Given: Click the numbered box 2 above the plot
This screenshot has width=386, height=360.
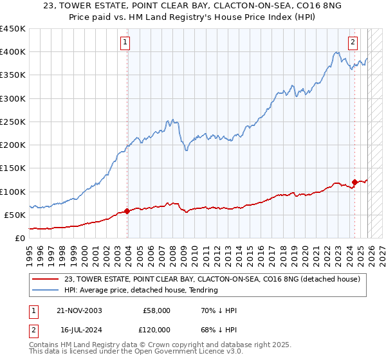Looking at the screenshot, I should click(x=353, y=43).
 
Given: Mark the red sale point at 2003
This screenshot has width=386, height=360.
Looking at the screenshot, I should click(x=127, y=210).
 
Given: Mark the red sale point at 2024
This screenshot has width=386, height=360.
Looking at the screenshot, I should click(x=354, y=182).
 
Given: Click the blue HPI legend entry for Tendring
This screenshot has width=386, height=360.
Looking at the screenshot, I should click(x=141, y=290).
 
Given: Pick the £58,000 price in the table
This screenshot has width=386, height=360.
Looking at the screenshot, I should click(x=156, y=310).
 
